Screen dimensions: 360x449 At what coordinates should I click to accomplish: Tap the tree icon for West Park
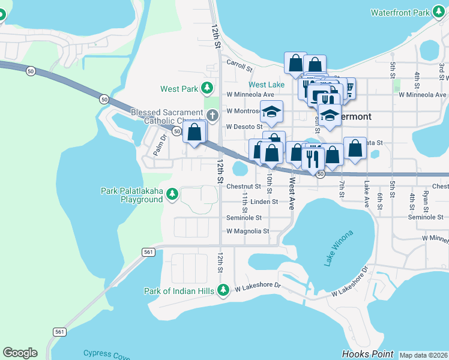[x=207, y=89]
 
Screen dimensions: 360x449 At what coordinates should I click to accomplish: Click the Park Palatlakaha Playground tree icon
[x=172, y=194]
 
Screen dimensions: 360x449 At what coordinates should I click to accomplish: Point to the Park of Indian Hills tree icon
[x=223, y=291]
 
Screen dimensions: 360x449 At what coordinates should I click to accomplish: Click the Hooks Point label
[x=367, y=354]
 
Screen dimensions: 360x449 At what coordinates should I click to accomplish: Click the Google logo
[x=20, y=353]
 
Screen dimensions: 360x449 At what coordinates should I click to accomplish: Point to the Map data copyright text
[x=423, y=355]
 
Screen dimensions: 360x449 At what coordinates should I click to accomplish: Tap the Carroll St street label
[x=239, y=64]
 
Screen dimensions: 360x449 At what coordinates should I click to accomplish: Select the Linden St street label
[x=264, y=202]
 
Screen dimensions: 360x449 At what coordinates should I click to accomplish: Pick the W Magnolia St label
[x=247, y=231]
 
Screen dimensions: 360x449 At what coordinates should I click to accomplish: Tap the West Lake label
[x=267, y=85]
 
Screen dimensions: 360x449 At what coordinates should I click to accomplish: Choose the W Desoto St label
[x=244, y=127]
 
